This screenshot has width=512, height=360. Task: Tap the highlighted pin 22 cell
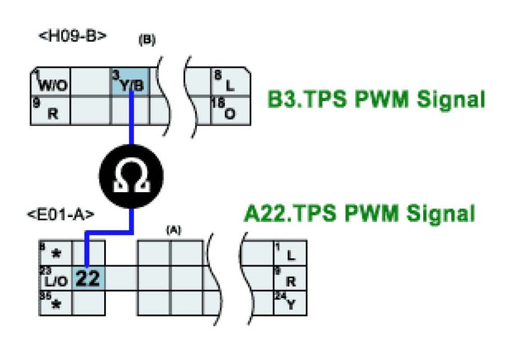tap(88, 278)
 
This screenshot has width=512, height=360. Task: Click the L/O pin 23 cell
tap(56, 278)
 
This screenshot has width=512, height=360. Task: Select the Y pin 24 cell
tap(290, 303)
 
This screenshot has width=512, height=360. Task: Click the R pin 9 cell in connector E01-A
tap(290, 278)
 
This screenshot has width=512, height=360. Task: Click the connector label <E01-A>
tap(61, 214)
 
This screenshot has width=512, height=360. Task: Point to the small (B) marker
tap(147, 41)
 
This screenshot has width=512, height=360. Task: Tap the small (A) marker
tap(173, 230)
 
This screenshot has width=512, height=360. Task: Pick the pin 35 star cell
tap(56, 303)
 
